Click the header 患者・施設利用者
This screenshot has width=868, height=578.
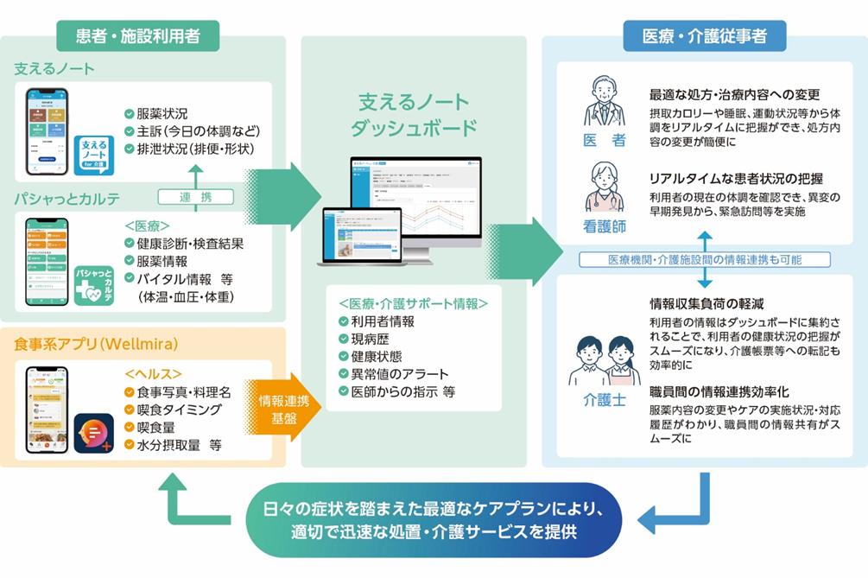tap(137, 36)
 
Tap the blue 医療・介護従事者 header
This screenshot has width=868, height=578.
tap(704, 36)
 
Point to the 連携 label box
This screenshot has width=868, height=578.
tap(197, 198)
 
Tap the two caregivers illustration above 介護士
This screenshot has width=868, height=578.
tap(604, 359)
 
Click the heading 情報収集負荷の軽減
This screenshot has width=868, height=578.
tap(706, 303)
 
